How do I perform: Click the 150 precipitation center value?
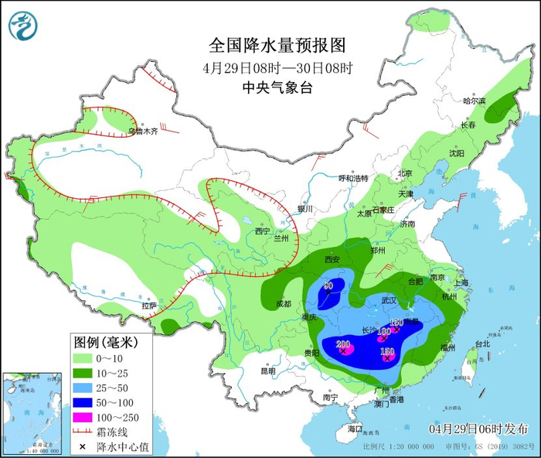pyautogui.click(x=387, y=352)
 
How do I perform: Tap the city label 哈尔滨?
pyautogui.click(x=474, y=101)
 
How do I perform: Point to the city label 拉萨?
pyautogui.click(x=148, y=306)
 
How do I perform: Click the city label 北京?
pyautogui.click(x=407, y=173)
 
